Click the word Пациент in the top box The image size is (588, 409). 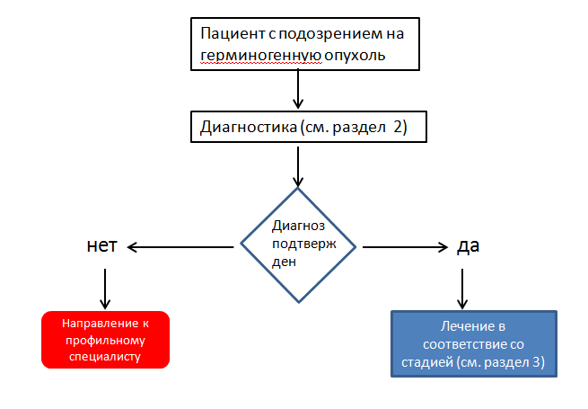(x=231, y=34)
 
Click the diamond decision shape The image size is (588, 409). (x=299, y=245)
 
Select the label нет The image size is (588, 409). (x=102, y=245)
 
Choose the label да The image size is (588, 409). (x=468, y=245)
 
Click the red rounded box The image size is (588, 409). (x=105, y=340)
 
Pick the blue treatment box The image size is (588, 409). (x=475, y=342)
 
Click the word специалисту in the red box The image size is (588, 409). (x=105, y=356)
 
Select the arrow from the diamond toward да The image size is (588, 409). (x=404, y=246)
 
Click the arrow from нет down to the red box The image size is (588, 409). (x=105, y=289)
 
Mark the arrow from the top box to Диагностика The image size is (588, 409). (x=299, y=90)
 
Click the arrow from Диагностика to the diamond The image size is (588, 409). (x=299, y=164)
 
